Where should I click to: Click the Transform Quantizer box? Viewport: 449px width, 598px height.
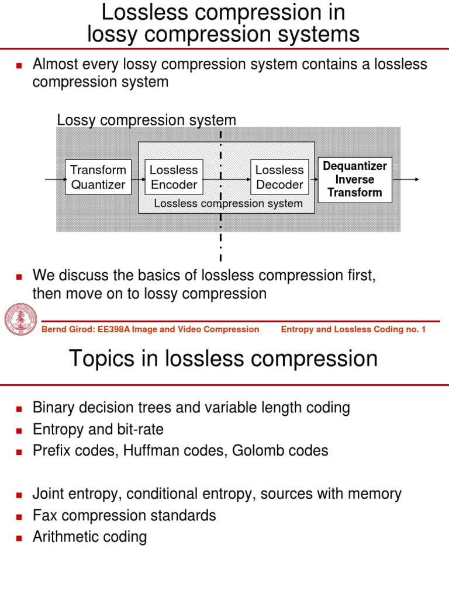pos(98,178)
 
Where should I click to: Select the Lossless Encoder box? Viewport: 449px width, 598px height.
pos(174,178)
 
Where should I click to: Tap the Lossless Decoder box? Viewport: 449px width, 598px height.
pos(279,178)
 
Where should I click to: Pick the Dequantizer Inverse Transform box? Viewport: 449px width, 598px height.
pos(355,179)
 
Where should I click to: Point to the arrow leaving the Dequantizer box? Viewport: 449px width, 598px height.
pos(406,179)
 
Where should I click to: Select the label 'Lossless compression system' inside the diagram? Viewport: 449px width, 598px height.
pos(228,203)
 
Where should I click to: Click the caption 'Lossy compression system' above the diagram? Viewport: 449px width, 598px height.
pos(146,120)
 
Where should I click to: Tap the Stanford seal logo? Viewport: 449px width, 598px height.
pos(20,321)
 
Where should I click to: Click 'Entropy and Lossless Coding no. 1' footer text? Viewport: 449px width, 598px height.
pos(353,329)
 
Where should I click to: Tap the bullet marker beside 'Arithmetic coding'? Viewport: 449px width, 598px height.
pos(19,538)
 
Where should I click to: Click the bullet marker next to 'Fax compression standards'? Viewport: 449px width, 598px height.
pos(19,516)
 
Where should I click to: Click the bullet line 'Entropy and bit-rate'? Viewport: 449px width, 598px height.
pos(98,430)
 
